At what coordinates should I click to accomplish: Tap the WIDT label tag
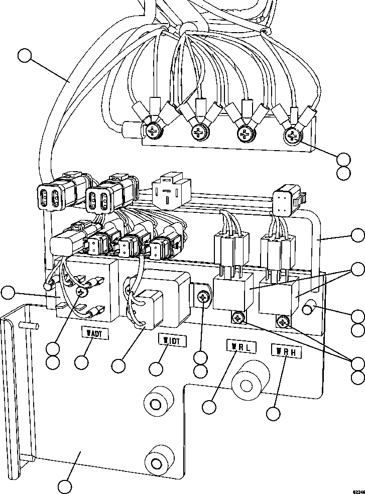coord(172,340)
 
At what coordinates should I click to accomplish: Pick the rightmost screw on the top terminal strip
coord(292,135)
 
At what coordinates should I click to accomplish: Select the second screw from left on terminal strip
coord(198,133)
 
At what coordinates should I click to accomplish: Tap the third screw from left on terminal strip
coord(246,134)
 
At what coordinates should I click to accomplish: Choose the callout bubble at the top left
coord(26,56)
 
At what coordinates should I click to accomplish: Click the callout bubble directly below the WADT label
coord(82,361)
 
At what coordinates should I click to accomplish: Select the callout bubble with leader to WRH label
coord(274,413)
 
